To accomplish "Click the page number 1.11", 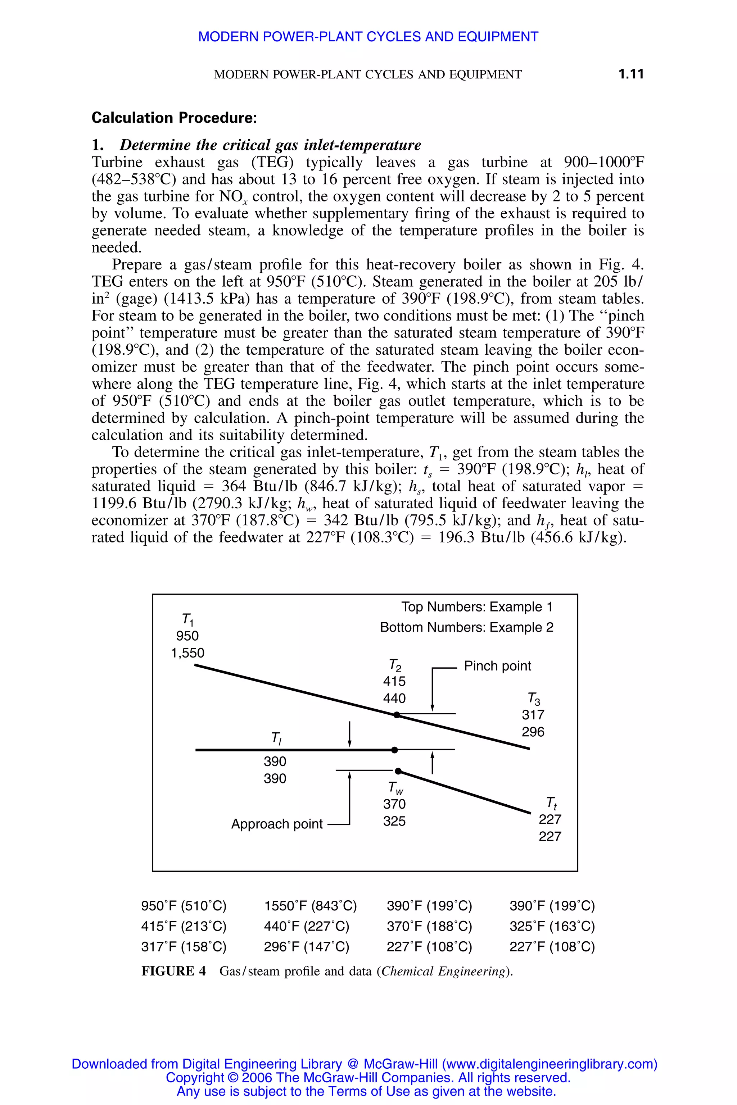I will [630, 74].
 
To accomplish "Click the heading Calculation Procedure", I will [174, 118].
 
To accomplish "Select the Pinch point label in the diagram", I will [497, 666].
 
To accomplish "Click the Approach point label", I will [277, 824].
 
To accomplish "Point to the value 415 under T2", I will [394, 681].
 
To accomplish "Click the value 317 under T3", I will [533, 715].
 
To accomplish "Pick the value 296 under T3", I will [533, 732].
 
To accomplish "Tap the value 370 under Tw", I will [394, 804].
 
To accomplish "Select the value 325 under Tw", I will [394, 821].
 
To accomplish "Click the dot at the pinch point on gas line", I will [396, 715].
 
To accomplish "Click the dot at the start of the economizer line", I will [398, 771].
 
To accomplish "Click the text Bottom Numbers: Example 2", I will [466, 627].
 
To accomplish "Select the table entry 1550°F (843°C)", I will [310, 905].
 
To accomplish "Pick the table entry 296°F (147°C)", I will [307, 946].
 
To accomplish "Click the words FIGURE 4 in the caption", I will [173, 971].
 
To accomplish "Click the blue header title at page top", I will [368, 37].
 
